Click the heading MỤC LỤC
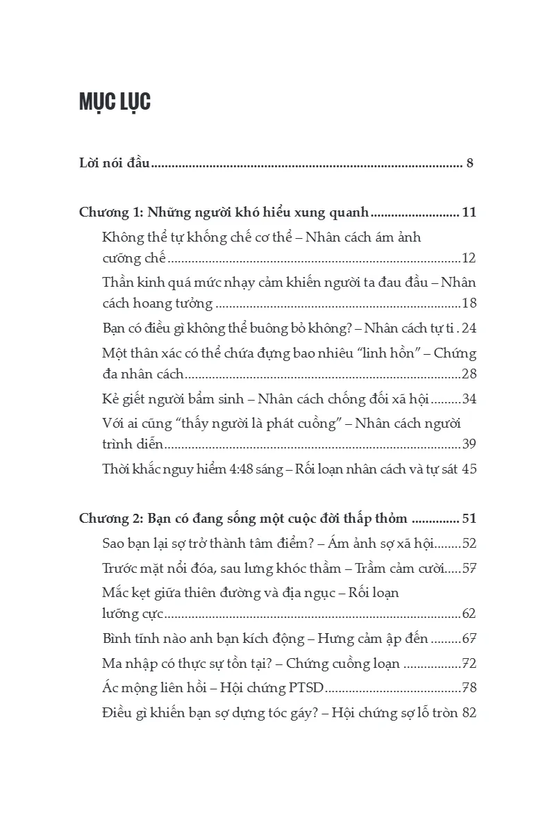pyautogui.click(x=115, y=101)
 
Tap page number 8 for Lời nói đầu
pyautogui.click(x=470, y=164)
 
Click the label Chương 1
pyautogui.click(x=110, y=212)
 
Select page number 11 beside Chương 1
pyautogui.click(x=469, y=212)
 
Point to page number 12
pyautogui.click(x=469, y=258)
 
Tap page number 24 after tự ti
pyautogui.click(x=469, y=328)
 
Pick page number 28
pyautogui.click(x=469, y=374)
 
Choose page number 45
pyautogui.click(x=469, y=469)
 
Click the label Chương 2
pyautogui.click(x=110, y=519)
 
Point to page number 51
pyautogui.click(x=469, y=519)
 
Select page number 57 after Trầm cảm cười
pyautogui.click(x=469, y=568)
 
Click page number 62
pyautogui.click(x=469, y=614)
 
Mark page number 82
pyautogui.click(x=469, y=712)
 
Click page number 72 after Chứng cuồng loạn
pyautogui.click(x=469, y=663)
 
